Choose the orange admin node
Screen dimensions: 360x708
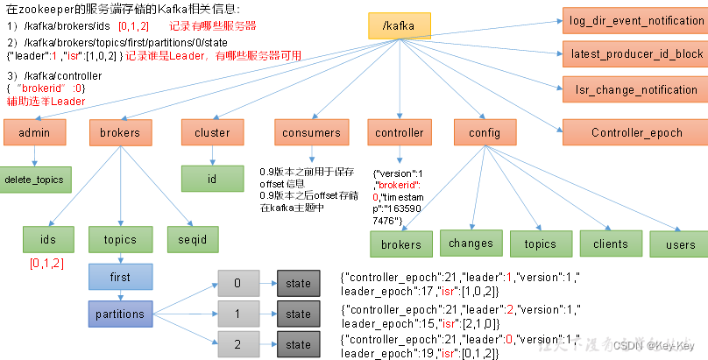35,132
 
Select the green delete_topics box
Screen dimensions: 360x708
35,180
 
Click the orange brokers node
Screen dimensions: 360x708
120,132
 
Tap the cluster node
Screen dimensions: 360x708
212,132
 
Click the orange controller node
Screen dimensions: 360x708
400,132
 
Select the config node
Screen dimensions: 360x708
484,132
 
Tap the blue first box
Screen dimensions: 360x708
120,276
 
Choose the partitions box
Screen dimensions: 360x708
120,314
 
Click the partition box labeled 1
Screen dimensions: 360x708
237,314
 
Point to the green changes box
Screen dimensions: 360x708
471,244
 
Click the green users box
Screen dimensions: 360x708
680,244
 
